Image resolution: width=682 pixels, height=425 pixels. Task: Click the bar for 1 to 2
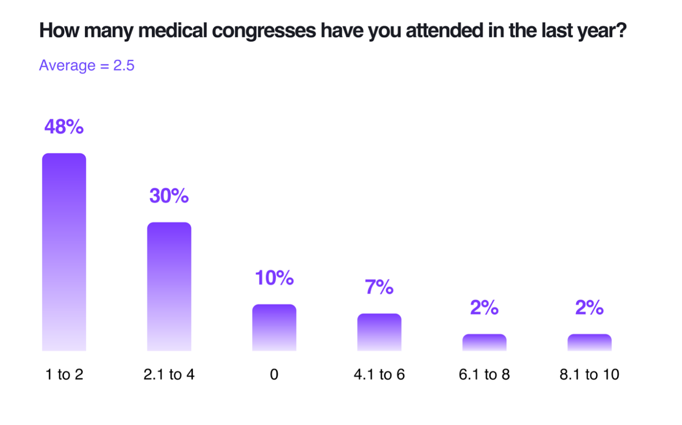pyautogui.click(x=64, y=252)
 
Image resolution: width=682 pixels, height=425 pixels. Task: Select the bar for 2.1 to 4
pyautogui.click(x=169, y=286)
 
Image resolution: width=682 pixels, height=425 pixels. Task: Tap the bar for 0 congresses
pyautogui.click(x=274, y=327)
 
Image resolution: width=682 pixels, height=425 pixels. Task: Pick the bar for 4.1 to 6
pyautogui.click(x=379, y=332)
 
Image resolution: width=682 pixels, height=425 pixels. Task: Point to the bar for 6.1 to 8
pyautogui.click(x=484, y=342)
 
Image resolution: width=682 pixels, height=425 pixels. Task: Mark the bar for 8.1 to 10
pyautogui.click(x=590, y=342)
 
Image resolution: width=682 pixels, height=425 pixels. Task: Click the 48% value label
pyautogui.click(x=64, y=127)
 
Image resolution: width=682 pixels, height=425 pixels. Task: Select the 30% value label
pyautogui.click(x=169, y=196)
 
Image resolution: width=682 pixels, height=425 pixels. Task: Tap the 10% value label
pyautogui.click(x=274, y=278)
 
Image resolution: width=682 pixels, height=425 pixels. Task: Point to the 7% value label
pyautogui.click(x=379, y=287)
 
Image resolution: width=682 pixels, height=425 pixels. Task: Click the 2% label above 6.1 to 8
pyautogui.click(x=484, y=307)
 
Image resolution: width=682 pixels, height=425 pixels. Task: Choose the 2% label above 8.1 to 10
pyautogui.click(x=590, y=307)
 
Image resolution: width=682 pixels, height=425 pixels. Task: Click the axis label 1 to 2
pyautogui.click(x=64, y=374)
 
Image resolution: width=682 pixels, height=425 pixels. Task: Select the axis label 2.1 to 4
pyautogui.click(x=169, y=374)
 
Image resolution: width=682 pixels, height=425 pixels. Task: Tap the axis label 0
pyautogui.click(x=274, y=374)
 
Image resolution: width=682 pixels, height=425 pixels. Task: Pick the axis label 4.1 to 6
pyautogui.click(x=379, y=374)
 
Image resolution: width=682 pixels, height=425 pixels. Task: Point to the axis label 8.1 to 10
pyautogui.click(x=590, y=374)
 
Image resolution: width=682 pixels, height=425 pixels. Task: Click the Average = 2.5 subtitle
pyautogui.click(x=87, y=65)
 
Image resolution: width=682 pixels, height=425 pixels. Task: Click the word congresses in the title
pyautogui.click(x=264, y=31)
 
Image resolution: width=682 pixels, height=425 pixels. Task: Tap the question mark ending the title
pyautogui.click(x=621, y=31)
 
